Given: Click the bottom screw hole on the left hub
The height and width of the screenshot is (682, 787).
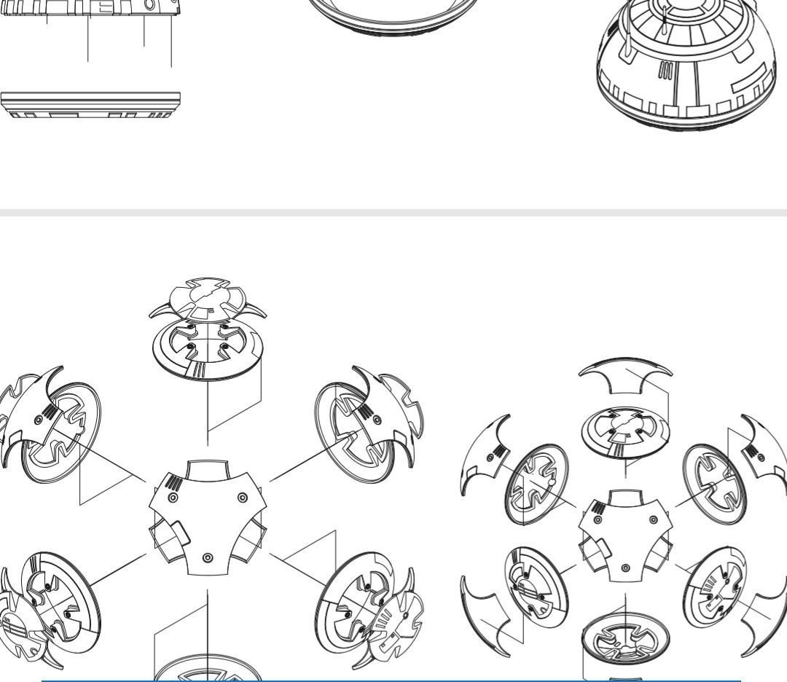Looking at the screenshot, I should [x=208, y=557].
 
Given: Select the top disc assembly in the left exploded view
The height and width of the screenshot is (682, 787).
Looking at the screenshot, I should [x=208, y=328].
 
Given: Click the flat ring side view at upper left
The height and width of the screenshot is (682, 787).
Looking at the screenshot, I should [x=90, y=104].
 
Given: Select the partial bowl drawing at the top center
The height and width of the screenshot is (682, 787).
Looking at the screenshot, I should [x=393, y=18].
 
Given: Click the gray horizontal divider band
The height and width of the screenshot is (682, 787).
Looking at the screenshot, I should [x=393, y=213].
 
